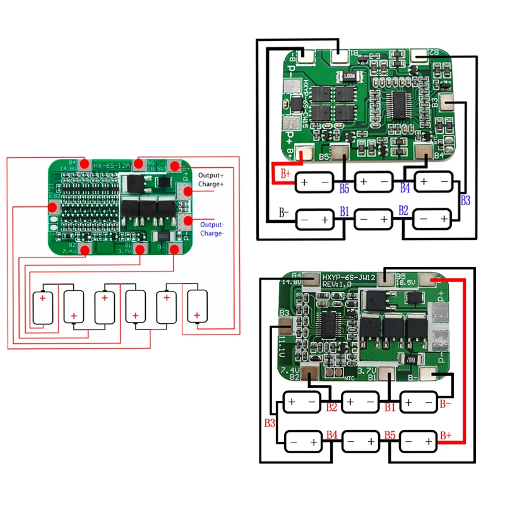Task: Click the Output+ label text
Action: click(211, 175)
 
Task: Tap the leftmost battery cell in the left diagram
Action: click(44, 307)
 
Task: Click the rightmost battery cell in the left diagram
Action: click(198, 307)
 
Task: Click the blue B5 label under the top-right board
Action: click(344, 188)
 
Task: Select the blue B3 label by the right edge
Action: click(466, 201)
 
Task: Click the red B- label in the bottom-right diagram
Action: click(446, 402)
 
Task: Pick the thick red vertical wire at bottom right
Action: click(465, 360)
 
